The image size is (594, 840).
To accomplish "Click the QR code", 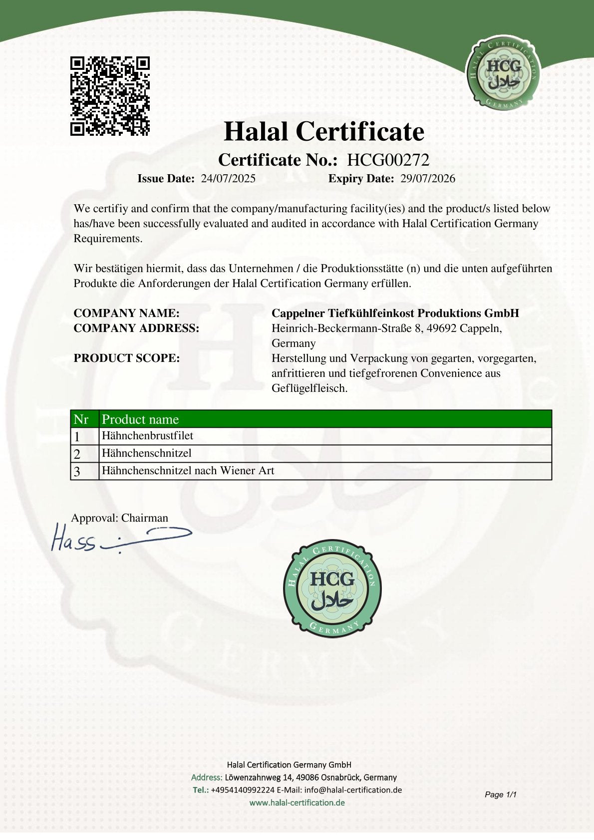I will point(110,96).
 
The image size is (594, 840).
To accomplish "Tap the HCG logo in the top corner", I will point(503,71).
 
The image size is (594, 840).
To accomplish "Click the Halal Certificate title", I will point(324,132).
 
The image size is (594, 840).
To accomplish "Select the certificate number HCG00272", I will point(388,160).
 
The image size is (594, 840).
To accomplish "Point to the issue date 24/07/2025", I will point(228,179).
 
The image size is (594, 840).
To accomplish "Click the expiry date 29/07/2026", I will point(428,179).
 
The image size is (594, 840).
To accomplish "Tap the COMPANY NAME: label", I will point(126,313).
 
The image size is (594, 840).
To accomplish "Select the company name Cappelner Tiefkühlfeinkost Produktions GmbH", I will point(395,313).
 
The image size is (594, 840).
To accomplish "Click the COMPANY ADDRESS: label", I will point(136,328).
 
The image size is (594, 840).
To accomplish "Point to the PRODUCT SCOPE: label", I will point(126,358).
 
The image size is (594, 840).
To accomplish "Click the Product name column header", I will point(140,419).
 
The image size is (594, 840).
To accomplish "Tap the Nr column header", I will point(81,419).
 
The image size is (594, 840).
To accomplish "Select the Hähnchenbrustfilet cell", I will point(147,436).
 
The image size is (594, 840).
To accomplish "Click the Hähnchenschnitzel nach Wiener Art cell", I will point(188,471).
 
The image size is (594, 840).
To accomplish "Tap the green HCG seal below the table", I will point(332,588).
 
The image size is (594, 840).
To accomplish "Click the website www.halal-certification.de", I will point(297,803).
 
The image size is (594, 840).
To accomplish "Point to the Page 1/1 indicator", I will point(500,794).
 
